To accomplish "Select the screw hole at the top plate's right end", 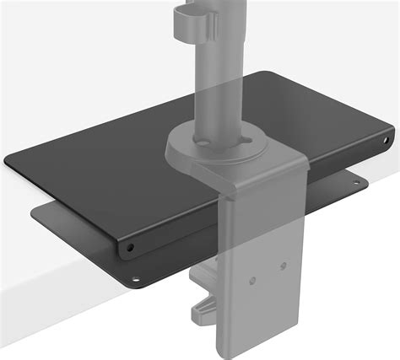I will [x=386, y=136].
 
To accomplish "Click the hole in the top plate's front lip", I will [x=130, y=249].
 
